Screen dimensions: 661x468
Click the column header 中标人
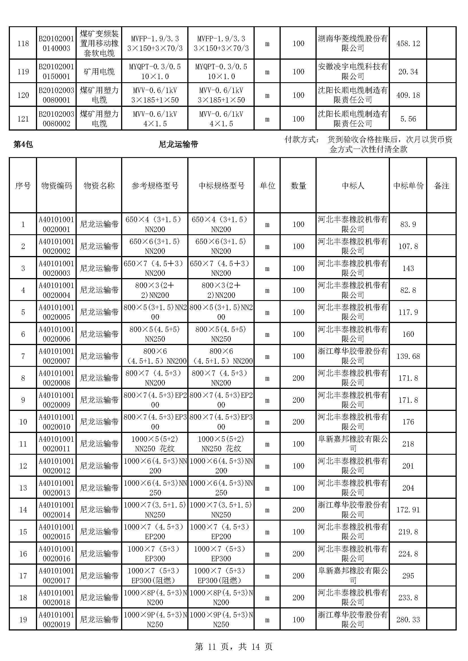click(x=353, y=186)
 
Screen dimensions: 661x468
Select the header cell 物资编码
click(x=56, y=186)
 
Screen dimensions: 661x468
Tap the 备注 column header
click(x=441, y=186)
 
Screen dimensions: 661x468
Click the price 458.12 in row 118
click(x=408, y=44)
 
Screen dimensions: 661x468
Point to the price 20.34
click(x=408, y=72)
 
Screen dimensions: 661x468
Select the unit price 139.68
click(x=408, y=356)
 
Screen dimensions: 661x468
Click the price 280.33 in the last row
click(x=408, y=619)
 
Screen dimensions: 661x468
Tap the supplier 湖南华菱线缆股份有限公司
click(x=353, y=44)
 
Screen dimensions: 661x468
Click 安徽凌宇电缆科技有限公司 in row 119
click(x=353, y=72)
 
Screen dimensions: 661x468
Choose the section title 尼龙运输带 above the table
click(x=178, y=144)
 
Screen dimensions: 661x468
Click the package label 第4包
click(x=23, y=144)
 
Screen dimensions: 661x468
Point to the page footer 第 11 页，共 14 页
click(x=234, y=647)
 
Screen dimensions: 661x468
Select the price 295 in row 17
click(x=408, y=576)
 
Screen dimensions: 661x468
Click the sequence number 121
click(x=23, y=119)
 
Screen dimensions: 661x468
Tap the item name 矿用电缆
click(x=99, y=72)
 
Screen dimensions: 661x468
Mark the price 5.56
click(x=408, y=119)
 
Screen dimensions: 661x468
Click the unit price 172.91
click(x=408, y=510)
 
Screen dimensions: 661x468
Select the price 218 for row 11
click(x=408, y=444)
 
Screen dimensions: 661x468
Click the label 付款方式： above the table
click(x=302, y=140)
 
